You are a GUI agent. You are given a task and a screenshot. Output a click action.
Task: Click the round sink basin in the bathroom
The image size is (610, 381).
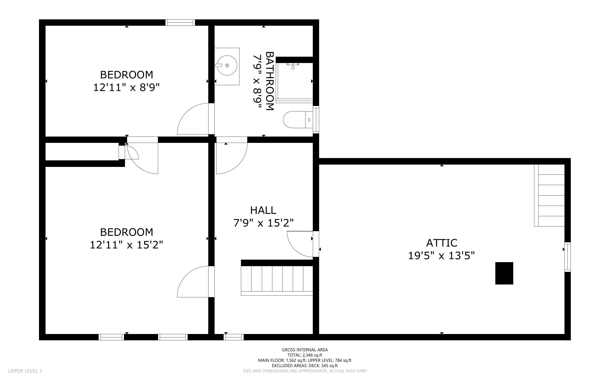click(x=227, y=66)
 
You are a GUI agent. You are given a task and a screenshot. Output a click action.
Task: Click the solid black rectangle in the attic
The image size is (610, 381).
click(x=504, y=273)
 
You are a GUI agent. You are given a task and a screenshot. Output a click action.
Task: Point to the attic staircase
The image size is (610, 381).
click(x=549, y=195)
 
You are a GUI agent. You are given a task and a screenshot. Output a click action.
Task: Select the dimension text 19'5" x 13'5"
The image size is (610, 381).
click(x=441, y=256)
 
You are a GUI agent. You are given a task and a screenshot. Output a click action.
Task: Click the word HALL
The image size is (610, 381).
click(x=263, y=210)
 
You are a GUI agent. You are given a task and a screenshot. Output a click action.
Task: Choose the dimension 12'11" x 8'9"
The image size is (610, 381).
click(x=126, y=88)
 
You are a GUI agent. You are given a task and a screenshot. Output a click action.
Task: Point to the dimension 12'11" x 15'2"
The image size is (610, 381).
click(x=126, y=245)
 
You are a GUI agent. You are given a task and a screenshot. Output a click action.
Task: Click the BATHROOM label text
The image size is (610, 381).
click(x=270, y=81)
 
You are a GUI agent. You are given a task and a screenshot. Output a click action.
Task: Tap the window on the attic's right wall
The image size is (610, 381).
click(x=567, y=257)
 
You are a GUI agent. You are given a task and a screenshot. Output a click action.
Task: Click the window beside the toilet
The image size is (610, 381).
click(x=316, y=120)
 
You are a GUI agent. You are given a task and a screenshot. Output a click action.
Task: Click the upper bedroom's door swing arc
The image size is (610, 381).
click(x=193, y=119)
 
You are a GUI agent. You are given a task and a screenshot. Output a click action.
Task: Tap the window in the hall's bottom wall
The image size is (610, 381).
click(x=234, y=337)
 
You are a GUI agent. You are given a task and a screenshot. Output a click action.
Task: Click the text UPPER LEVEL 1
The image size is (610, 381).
click(x=25, y=371)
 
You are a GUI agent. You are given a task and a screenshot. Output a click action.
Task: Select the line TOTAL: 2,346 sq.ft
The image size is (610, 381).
click(x=305, y=355)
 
